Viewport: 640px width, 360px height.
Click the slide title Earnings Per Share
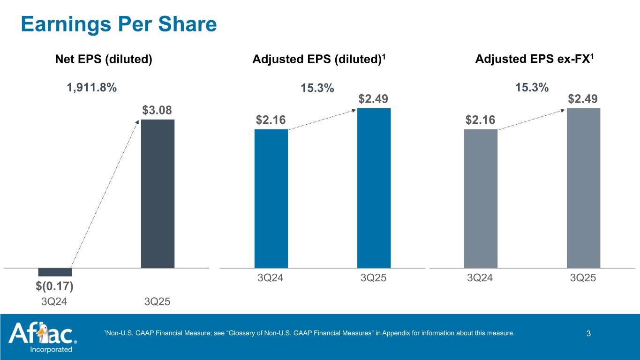tap(119, 24)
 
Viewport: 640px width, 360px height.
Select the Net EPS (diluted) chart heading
tap(104, 60)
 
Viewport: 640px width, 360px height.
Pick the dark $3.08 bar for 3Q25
tap(158, 193)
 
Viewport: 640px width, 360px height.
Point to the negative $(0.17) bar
tap(55, 272)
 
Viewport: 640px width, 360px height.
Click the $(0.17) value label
tap(55, 285)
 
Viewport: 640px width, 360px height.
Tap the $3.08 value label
tap(157, 111)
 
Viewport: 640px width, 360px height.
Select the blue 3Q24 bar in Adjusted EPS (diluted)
tap(271, 198)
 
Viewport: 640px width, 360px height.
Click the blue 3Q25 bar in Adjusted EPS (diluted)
tap(374, 187)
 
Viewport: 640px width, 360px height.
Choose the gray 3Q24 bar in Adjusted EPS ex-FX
tap(481, 198)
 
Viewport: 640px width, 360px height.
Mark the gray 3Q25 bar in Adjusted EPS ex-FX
tap(583, 187)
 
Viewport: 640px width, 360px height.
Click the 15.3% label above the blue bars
tap(317, 88)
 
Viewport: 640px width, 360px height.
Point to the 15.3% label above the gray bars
tap(532, 88)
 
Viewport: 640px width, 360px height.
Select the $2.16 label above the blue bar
tap(270, 120)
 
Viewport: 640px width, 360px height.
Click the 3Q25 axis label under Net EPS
tap(157, 302)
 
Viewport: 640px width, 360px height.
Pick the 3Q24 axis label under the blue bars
tap(271, 278)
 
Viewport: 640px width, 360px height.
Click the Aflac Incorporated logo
tap(42, 337)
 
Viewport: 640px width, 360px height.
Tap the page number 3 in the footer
tap(588, 334)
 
